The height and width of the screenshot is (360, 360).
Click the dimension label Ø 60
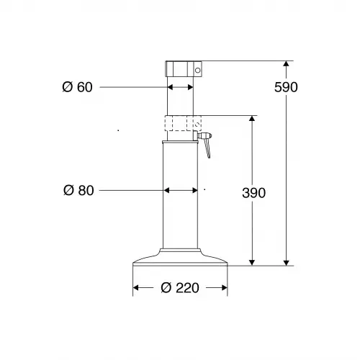pos(77,87)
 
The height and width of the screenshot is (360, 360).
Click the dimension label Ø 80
pos(78,191)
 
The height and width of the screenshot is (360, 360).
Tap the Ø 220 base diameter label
pos(180,288)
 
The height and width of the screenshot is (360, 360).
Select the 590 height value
pos(286,87)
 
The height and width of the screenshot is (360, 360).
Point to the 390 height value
pos(253,193)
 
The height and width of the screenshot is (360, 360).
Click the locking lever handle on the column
pos(207,148)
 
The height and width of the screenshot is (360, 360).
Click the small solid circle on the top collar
pos(197,71)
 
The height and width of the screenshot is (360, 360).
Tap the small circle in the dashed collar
pos(197,125)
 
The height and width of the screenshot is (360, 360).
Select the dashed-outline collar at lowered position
pos(183,123)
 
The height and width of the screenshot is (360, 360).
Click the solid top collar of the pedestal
pos(184,69)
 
